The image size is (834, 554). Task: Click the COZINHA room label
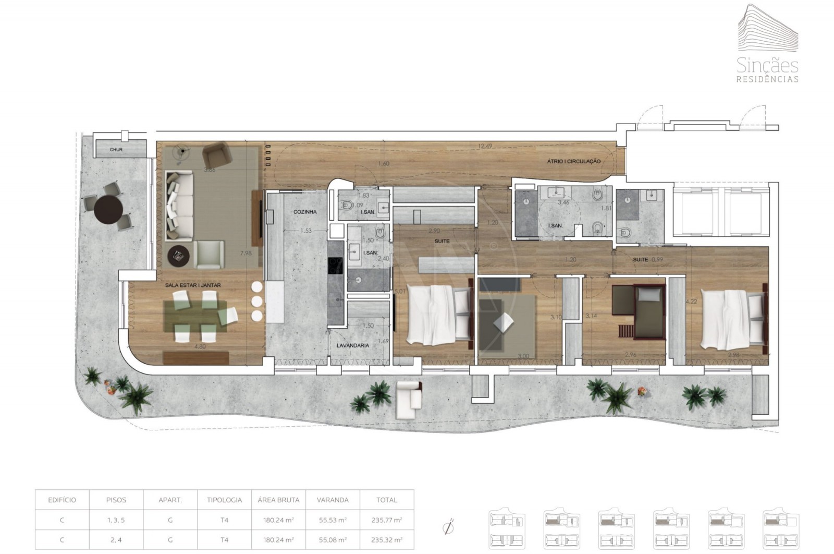(x=305, y=212)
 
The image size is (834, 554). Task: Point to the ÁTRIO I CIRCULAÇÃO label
(x=573, y=162)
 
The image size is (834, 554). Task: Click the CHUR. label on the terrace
(x=115, y=150)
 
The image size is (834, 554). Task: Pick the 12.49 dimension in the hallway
(x=485, y=146)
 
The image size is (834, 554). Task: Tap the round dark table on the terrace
(x=108, y=210)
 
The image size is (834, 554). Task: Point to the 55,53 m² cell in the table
(x=333, y=520)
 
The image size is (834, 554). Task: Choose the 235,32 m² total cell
(x=387, y=540)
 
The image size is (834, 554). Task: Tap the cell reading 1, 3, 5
(x=116, y=520)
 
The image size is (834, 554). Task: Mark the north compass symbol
(x=447, y=527)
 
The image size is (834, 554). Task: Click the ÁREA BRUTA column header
(x=278, y=500)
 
